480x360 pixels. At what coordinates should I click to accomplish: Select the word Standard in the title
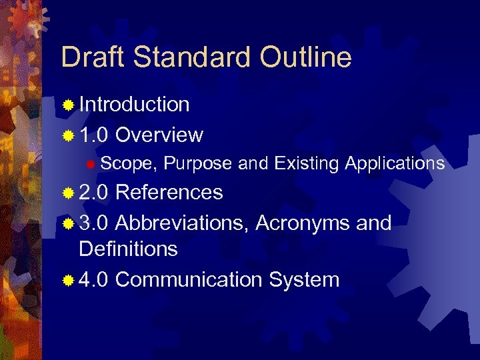click(x=193, y=57)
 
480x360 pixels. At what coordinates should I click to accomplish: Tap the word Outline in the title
click(x=306, y=57)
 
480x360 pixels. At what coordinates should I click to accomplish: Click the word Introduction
click(x=134, y=105)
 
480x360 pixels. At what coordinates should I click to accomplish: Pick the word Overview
click(x=159, y=135)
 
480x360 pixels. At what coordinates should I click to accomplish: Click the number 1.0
click(x=94, y=135)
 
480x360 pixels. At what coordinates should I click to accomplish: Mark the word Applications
click(x=395, y=163)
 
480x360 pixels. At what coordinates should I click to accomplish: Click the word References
click(x=169, y=193)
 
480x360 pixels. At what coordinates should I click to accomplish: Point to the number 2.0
click(x=94, y=193)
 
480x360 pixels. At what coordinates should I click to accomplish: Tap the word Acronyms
click(x=304, y=223)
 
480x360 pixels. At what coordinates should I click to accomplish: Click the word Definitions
click(x=128, y=249)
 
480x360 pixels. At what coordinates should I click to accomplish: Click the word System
click(x=304, y=279)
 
